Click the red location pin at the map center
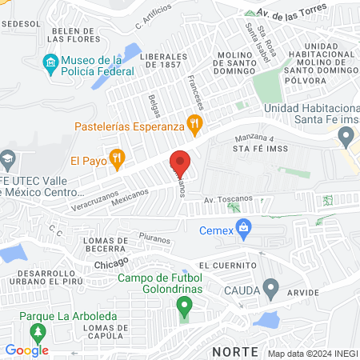(x=179, y=163)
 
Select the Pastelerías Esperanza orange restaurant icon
(x=193, y=124)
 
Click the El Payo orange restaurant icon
(x=117, y=158)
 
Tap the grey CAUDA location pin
(x=271, y=286)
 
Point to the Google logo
(x=27, y=350)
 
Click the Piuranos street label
(x=155, y=238)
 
